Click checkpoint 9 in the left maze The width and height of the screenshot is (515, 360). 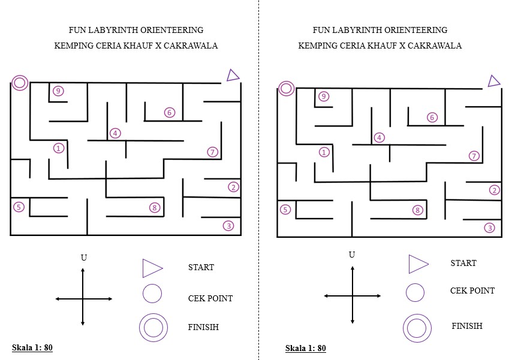58,91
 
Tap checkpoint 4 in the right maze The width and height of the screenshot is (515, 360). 379,138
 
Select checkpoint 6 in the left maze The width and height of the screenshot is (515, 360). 170,113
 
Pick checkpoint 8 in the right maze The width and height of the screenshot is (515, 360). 418,210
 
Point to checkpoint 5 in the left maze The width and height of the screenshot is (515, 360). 19,207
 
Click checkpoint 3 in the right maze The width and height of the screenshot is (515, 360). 490,228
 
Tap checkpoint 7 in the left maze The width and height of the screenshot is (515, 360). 212,152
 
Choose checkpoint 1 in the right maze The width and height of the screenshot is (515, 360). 324,152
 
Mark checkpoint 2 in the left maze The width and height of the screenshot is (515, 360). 233,187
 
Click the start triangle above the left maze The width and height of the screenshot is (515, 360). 233,75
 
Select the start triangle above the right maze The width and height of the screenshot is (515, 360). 493,81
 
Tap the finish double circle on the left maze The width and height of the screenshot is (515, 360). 20,83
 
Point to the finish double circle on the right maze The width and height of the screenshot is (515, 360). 286,89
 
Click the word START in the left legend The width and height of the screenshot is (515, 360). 201,268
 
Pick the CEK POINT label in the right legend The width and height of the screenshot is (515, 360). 472,291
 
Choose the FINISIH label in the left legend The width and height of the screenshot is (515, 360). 203,327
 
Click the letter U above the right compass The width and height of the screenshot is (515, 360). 352,255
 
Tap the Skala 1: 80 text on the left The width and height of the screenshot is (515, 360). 37,347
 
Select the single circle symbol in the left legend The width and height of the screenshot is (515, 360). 152,294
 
